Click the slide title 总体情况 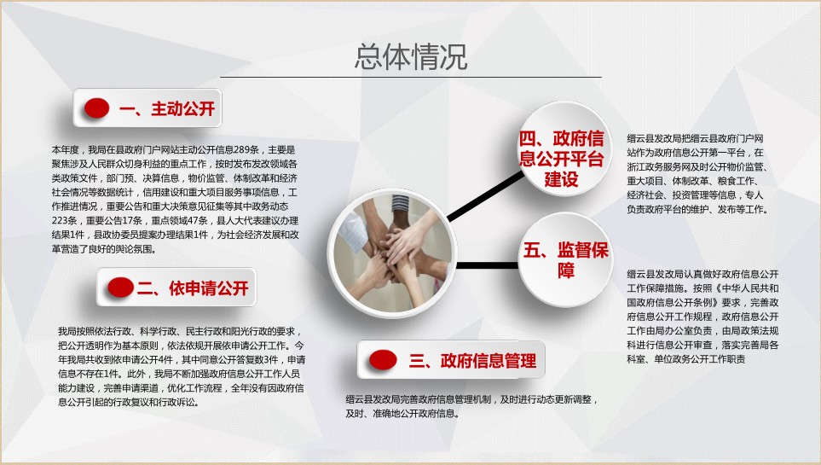[x=411, y=56]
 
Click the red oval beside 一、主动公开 [x=97, y=108]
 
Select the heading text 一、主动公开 [x=167, y=108]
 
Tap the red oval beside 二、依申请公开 [x=120, y=288]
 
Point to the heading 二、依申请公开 [x=192, y=288]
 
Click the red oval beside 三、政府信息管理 [x=383, y=359]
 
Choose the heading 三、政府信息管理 [x=473, y=360]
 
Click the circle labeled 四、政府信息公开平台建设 [x=562, y=149]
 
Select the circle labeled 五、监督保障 [x=565, y=260]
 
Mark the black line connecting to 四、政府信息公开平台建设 [x=485, y=196]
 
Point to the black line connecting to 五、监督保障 [x=487, y=265]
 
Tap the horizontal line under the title [x=411, y=77]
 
